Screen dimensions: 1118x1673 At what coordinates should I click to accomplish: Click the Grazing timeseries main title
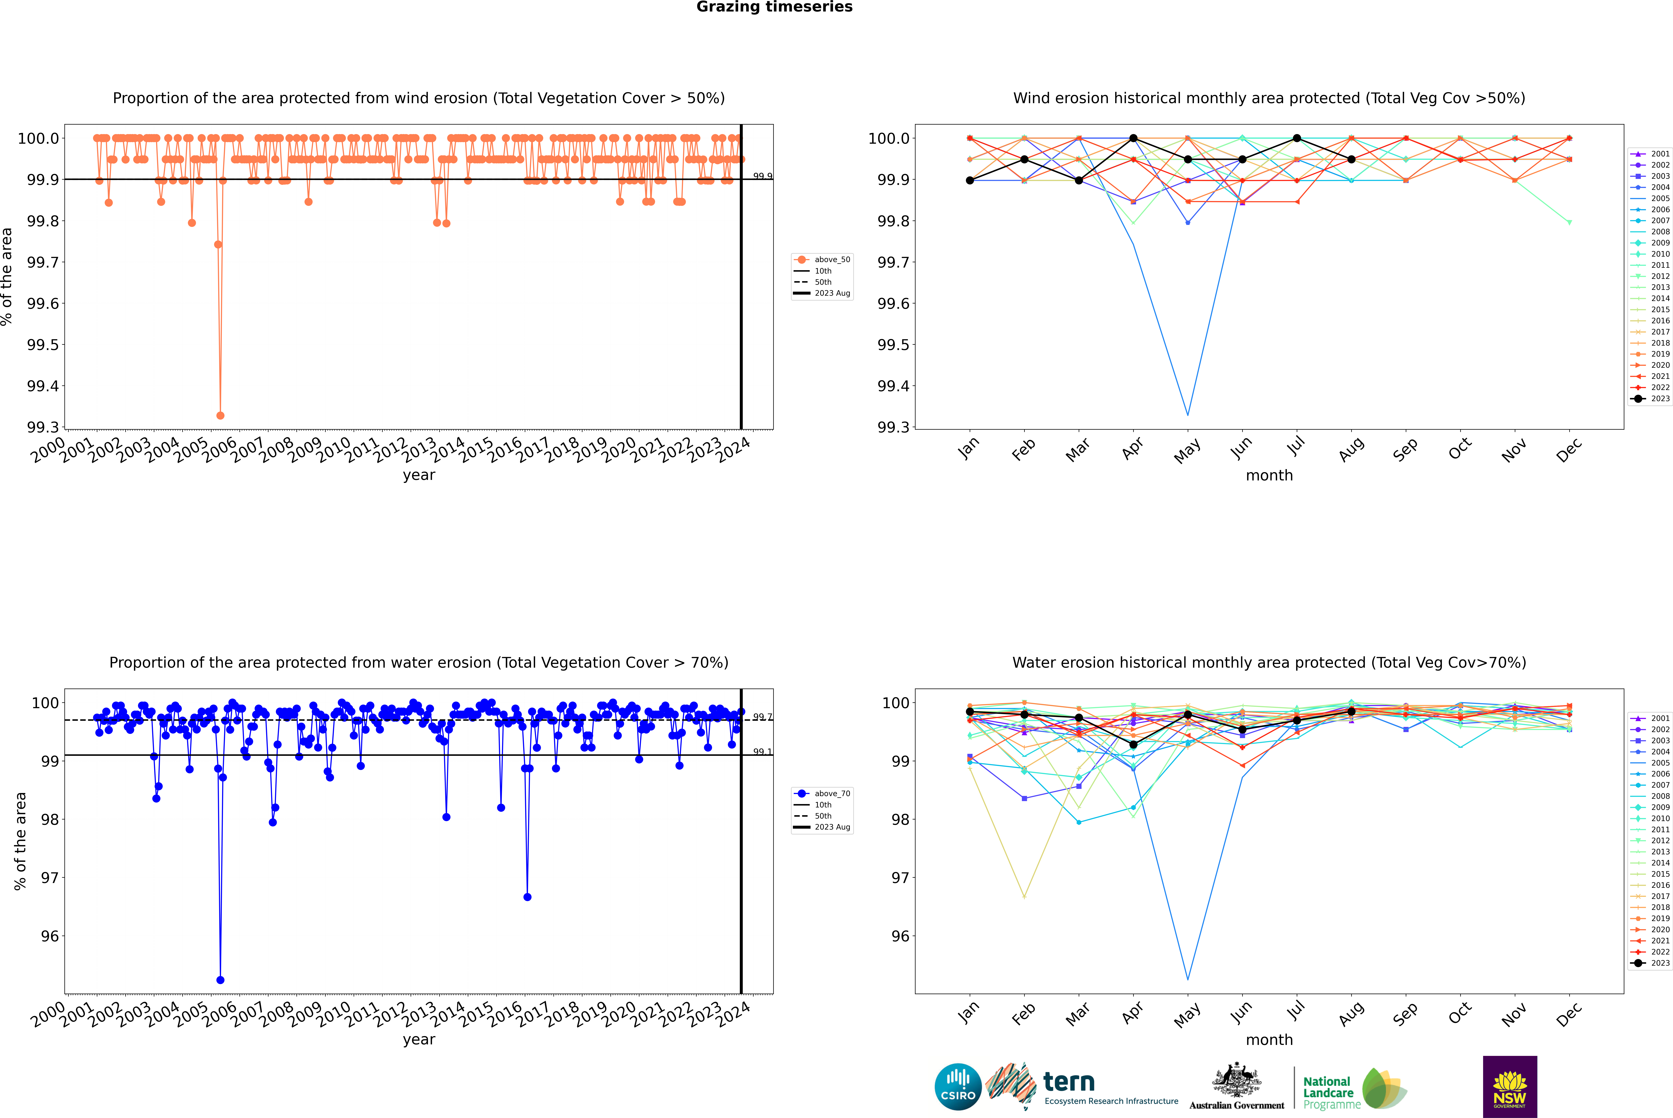[x=774, y=7]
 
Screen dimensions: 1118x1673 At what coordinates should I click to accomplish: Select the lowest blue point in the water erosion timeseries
[x=220, y=980]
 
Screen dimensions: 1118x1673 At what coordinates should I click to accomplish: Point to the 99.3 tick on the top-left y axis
[x=43, y=427]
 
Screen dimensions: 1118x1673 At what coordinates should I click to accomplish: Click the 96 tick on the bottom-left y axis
[x=50, y=936]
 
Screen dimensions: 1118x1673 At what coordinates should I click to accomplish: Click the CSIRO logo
[x=958, y=1087]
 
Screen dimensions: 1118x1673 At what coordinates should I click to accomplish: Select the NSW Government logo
[x=1510, y=1087]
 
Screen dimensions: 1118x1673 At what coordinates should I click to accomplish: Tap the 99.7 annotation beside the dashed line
[x=762, y=716]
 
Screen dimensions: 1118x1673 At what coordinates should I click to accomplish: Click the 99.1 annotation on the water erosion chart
[x=762, y=752]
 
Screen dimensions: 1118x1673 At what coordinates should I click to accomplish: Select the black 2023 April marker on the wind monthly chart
[x=1133, y=138]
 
